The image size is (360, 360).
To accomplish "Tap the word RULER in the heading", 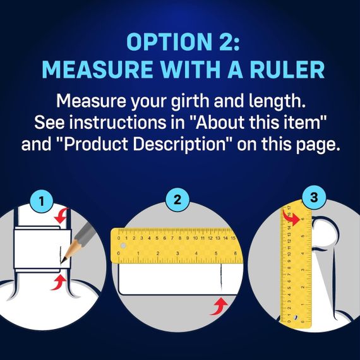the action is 287,69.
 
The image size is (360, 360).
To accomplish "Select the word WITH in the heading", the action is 191,69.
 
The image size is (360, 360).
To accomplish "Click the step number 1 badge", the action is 42,201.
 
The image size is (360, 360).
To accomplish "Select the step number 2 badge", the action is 177,200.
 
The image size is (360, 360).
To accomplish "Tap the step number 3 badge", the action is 314,197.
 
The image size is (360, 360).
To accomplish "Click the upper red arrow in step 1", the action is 62,215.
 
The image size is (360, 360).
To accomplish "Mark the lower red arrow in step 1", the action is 59,283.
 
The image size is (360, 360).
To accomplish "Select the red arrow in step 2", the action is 219,306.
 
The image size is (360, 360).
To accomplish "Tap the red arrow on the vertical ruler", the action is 291,218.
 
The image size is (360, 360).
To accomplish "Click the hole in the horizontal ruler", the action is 123,246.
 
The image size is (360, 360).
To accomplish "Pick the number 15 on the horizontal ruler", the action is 233,238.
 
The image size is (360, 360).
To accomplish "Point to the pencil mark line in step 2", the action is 221,277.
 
